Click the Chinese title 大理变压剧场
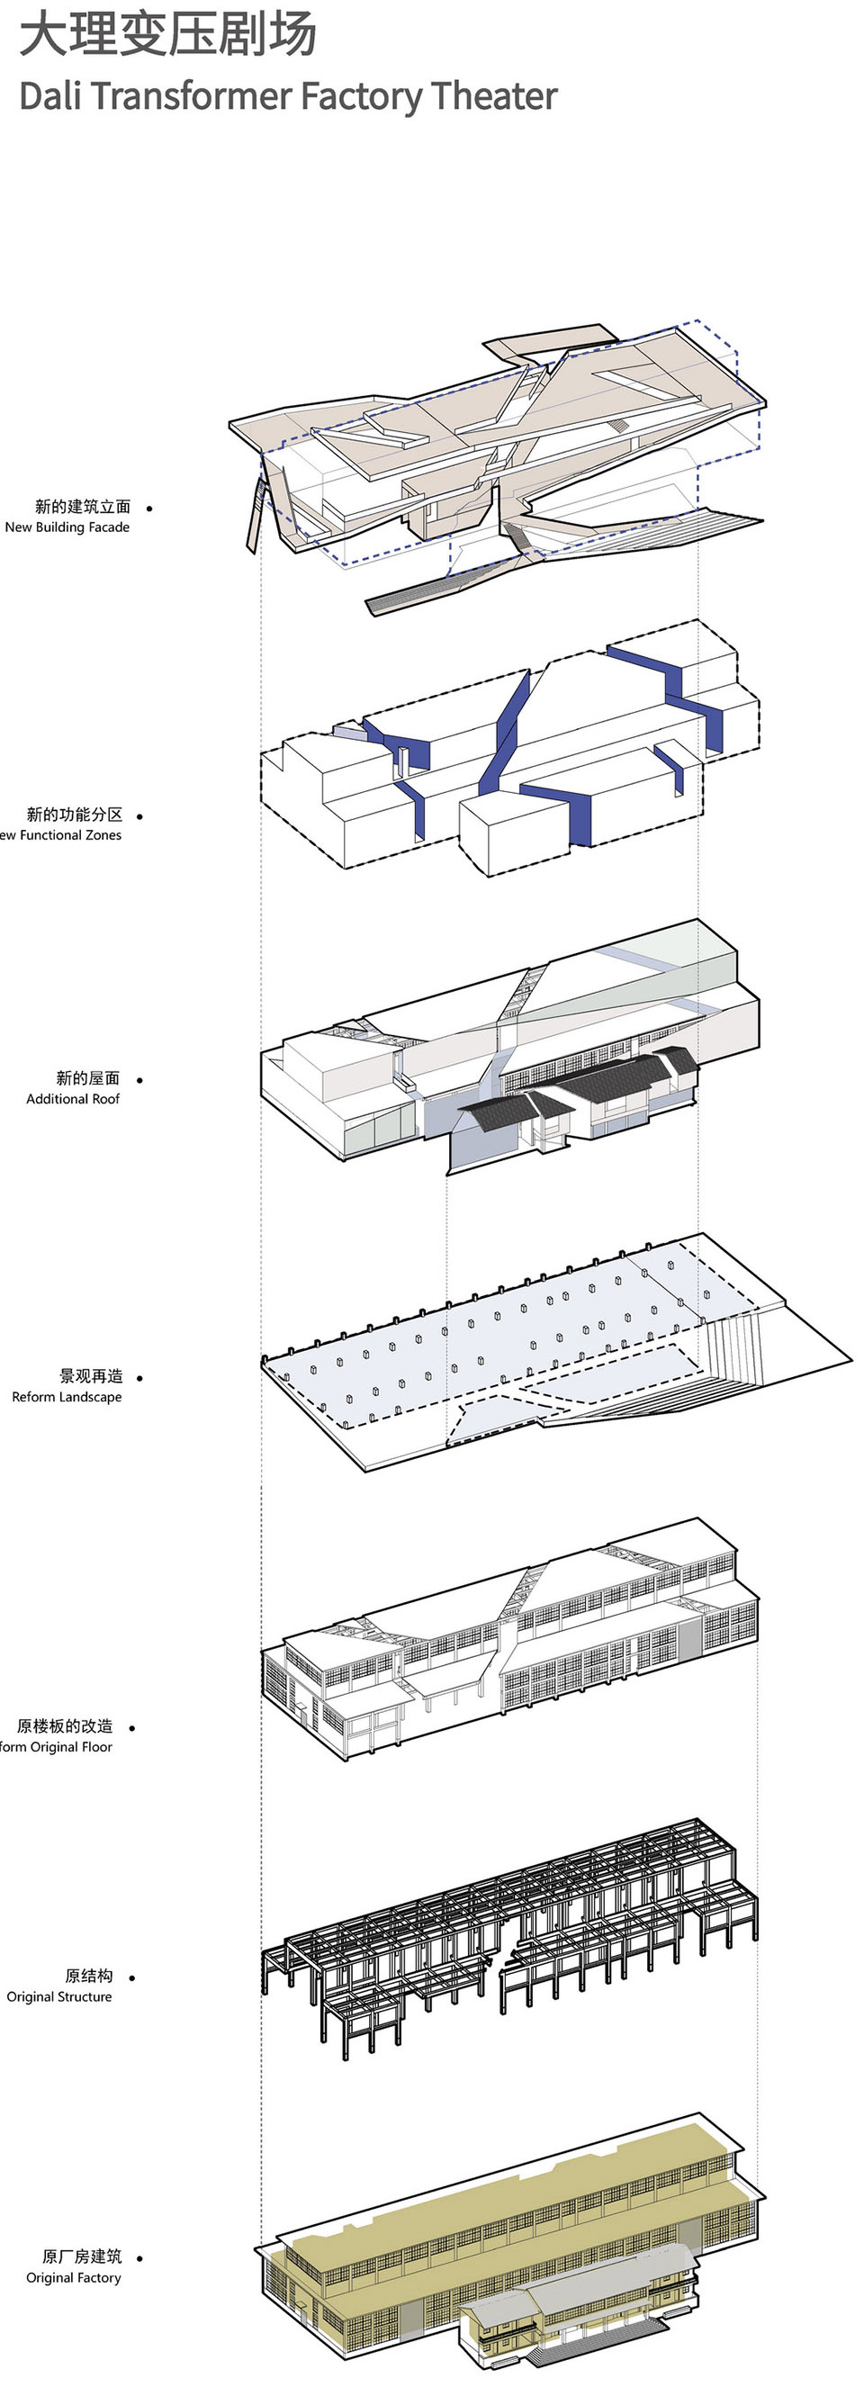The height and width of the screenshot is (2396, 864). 167,35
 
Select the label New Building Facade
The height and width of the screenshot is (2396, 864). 67,527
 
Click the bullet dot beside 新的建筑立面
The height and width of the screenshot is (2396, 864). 148,509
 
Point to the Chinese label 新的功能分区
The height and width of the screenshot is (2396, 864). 75,815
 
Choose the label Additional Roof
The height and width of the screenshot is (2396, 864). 73,1098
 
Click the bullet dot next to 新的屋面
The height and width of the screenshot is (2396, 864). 139,1080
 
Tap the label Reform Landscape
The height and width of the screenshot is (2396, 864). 67,1397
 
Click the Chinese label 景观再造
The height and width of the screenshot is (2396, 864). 91,1376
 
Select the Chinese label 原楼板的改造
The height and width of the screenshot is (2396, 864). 64,1726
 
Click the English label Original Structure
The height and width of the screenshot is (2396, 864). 58,1997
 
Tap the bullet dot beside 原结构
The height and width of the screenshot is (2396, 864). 132,1977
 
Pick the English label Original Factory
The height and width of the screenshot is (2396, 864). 74,2278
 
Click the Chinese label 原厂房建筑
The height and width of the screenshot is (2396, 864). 82,2256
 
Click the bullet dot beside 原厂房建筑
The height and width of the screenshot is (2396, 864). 139,2258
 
